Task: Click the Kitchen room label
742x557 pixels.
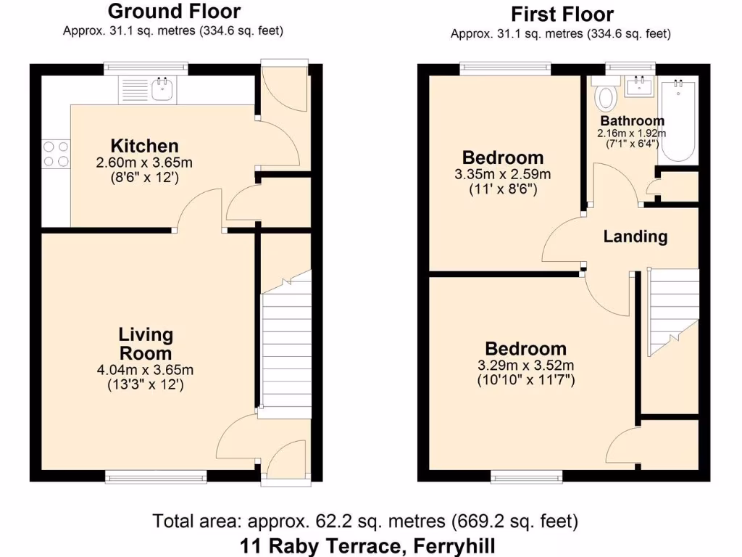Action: [x=144, y=146]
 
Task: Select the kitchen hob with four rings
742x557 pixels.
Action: [x=56, y=154]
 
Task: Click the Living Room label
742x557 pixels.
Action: [x=146, y=344]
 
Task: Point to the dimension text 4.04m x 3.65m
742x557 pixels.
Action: [x=145, y=370]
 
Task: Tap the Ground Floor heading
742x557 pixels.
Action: [x=174, y=11]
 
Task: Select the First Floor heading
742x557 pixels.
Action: [x=562, y=14]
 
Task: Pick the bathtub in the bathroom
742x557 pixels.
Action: [x=679, y=120]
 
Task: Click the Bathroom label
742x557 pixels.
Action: [x=632, y=121]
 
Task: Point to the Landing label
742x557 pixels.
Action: [x=635, y=236]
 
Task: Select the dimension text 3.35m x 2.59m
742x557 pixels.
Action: [x=502, y=174]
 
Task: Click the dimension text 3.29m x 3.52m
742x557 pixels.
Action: [x=525, y=365]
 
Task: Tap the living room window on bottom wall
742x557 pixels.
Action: [x=156, y=476]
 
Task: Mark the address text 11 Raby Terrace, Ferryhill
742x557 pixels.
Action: [x=368, y=545]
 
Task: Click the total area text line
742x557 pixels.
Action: [x=365, y=521]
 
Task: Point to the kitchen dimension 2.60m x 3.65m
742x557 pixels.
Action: [x=144, y=162]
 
